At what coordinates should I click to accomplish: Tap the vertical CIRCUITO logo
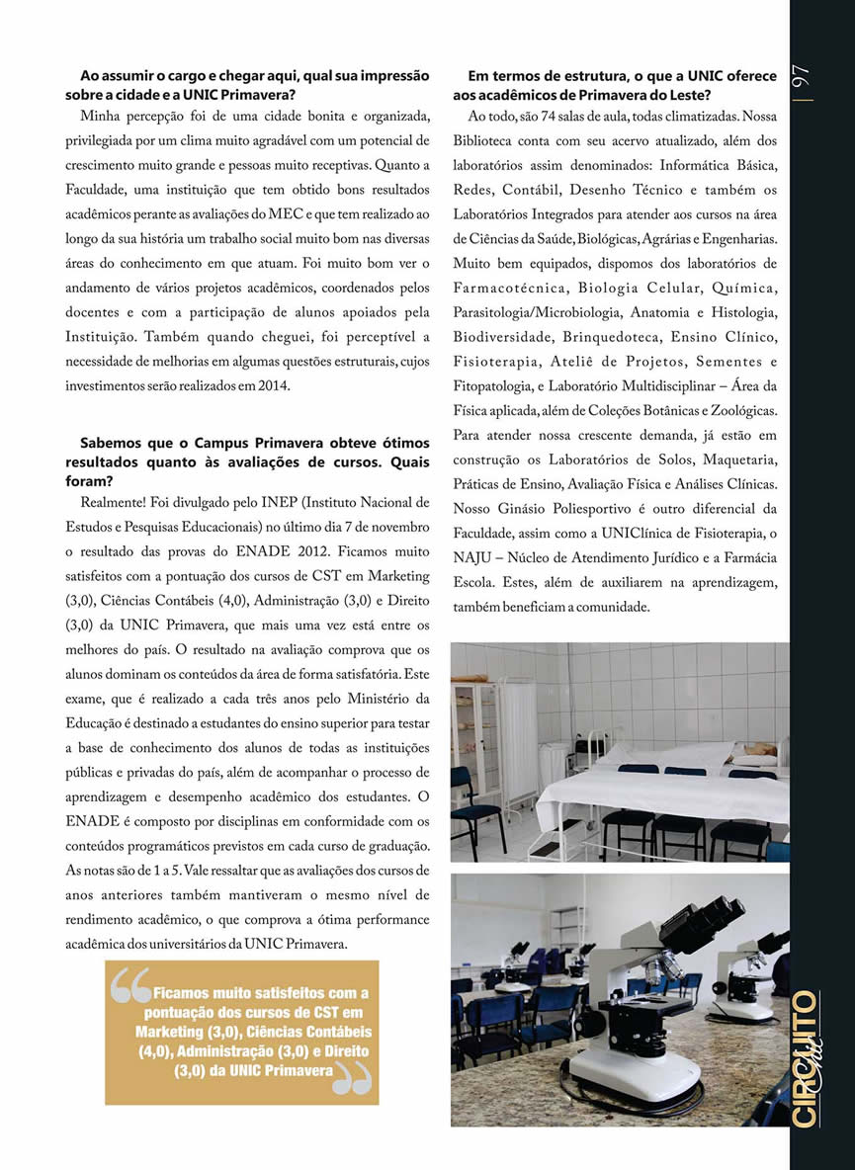click(x=807, y=1058)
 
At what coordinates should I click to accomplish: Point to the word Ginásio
click(x=535, y=509)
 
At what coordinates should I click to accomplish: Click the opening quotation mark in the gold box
click(x=130, y=986)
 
